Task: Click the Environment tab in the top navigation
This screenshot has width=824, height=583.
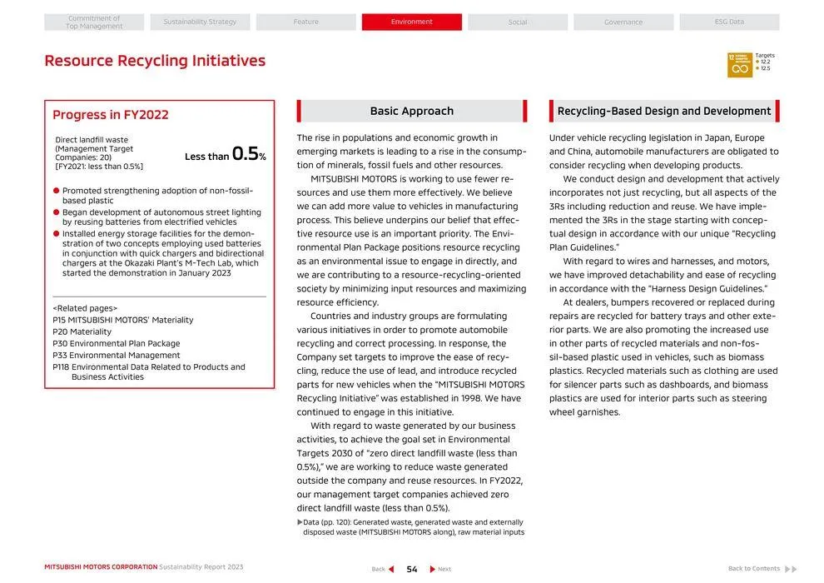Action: [x=411, y=22]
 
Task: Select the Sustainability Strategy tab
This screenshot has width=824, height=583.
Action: [x=200, y=22]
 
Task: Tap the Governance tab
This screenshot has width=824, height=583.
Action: [x=623, y=22]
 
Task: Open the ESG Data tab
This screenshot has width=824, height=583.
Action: [x=729, y=22]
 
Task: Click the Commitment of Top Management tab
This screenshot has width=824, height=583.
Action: [x=94, y=22]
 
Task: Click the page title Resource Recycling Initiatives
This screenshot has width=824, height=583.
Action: [x=155, y=61]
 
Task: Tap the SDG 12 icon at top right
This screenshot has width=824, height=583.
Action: [x=739, y=65]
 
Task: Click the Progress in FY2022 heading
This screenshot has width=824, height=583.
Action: [x=111, y=115]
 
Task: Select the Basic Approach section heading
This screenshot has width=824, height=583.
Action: [x=411, y=112]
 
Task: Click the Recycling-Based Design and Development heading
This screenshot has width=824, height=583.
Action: [x=663, y=112]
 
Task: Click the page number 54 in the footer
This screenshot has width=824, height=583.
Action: [x=412, y=569]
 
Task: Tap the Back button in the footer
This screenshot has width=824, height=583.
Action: [x=383, y=569]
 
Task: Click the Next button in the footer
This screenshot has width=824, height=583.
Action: [x=440, y=569]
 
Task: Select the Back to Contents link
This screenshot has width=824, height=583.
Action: [x=761, y=569]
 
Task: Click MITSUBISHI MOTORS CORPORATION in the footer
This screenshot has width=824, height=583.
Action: [x=101, y=567]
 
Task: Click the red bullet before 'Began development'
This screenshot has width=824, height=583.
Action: [x=56, y=212]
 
